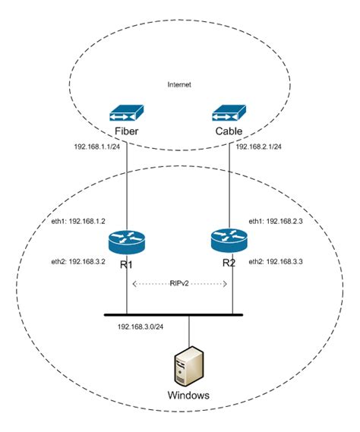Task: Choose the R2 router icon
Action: coord(229,241)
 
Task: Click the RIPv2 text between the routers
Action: coord(180,282)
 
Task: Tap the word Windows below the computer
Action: coord(188,396)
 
